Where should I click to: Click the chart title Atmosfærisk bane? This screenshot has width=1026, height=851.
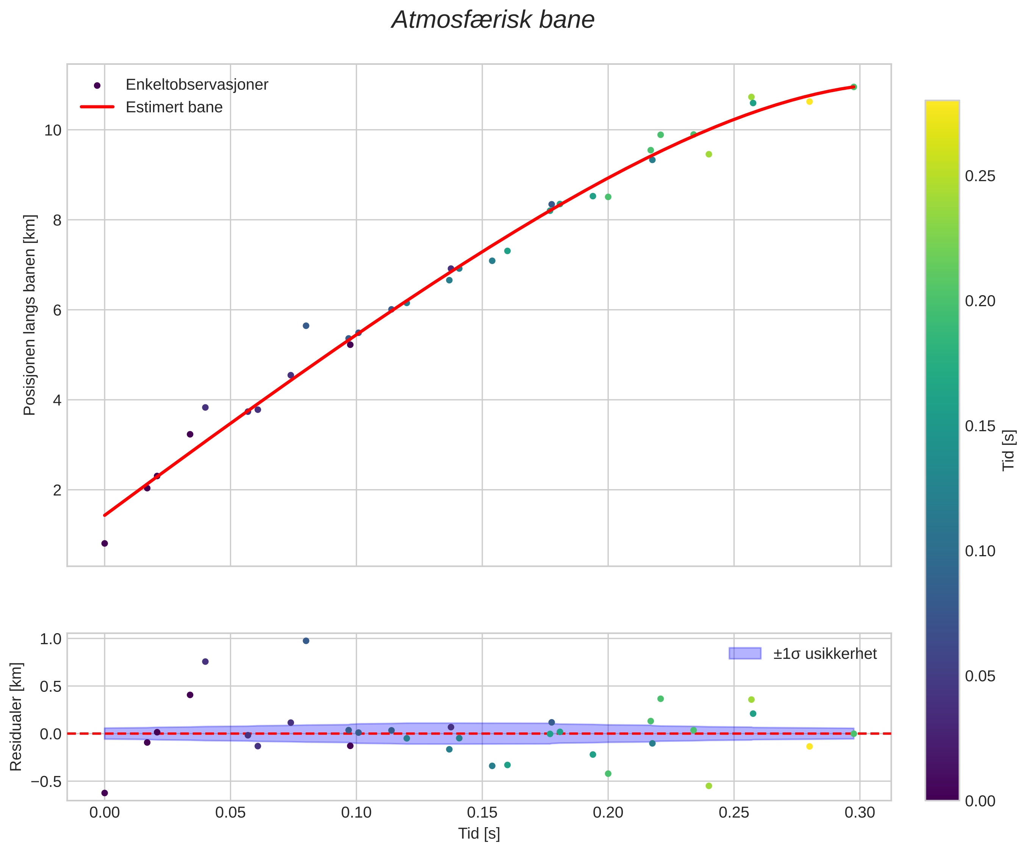(x=493, y=20)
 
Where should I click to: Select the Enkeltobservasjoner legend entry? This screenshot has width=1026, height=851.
(x=197, y=84)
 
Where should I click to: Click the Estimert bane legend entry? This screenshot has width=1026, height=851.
(x=174, y=107)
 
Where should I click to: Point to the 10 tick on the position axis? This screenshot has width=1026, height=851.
(x=52, y=130)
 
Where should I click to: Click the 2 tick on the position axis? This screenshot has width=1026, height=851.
(x=57, y=490)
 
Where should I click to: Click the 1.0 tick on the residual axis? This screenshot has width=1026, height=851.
(x=50, y=639)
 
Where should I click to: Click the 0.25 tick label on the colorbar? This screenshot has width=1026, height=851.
(x=980, y=176)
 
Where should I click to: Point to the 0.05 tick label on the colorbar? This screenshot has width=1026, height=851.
(x=980, y=677)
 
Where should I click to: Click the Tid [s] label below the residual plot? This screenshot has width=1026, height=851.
(x=479, y=834)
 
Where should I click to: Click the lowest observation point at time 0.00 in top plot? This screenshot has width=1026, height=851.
(x=105, y=543)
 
